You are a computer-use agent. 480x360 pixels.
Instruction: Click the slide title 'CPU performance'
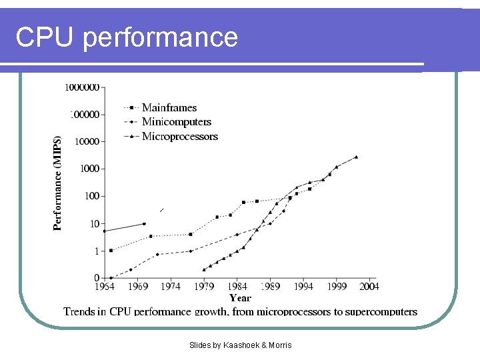tap(127, 37)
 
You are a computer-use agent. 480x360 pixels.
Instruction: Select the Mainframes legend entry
tap(169, 107)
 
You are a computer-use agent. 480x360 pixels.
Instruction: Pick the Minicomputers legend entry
tap(176, 121)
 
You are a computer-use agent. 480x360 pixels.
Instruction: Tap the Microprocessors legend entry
tap(179, 136)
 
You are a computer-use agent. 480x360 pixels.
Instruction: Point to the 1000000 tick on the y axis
tap(82, 87)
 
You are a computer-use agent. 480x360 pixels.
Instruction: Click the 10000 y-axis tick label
tap(86, 141)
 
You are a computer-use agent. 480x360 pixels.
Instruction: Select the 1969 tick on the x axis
tap(137, 287)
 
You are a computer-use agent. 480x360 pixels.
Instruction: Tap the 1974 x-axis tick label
tap(171, 287)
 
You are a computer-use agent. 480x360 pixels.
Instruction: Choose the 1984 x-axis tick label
tap(237, 287)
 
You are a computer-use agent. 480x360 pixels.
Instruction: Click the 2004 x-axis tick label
tap(369, 287)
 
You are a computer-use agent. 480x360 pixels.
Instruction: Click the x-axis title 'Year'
tap(240, 298)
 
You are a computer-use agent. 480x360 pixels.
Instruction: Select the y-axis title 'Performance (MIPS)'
tap(58, 183)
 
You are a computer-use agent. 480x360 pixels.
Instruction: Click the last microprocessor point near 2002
tap(356, 157)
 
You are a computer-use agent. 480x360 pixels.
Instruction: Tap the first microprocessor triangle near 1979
tap(204, 269)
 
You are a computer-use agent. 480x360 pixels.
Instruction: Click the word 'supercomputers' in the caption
tap(381, 311)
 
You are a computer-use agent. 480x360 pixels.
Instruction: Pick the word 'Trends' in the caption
tap(79, 311)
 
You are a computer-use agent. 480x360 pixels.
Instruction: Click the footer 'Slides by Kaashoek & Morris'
tap(240, 345)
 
